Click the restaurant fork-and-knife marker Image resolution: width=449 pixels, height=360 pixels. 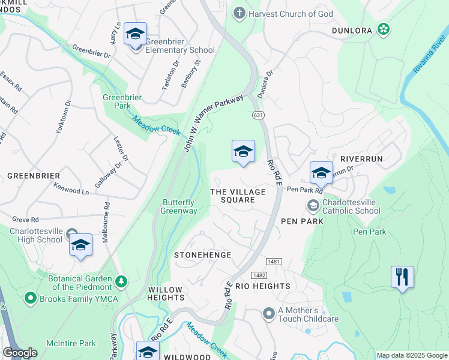click(402, 277)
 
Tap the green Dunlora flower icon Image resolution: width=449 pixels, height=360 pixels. click(383, 29)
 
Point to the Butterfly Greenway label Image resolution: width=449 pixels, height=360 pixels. click(179, 206)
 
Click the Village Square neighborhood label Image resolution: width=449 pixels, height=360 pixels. click(238, 196)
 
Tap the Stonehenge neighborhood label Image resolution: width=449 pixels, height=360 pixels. click(202, 255)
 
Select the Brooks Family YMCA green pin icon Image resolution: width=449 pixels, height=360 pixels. click(30, 298)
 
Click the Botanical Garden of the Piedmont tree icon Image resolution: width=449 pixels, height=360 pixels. click(121, 281)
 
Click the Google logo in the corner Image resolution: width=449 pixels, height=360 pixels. click(20, 353)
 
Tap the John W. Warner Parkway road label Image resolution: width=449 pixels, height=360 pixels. click(213, 123)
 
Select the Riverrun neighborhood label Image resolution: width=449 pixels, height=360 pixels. click(361, 158)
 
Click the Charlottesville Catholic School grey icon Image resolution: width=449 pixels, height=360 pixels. click(313, 206)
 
